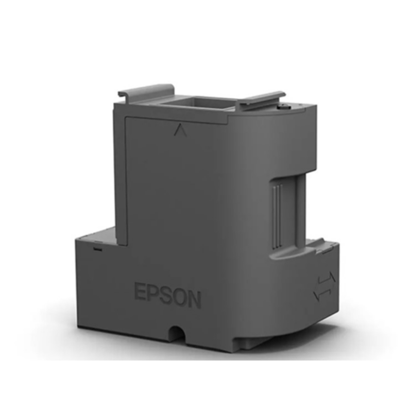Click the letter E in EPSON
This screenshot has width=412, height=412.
tap(140, 291)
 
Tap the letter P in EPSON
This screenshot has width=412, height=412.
tap(153, 293)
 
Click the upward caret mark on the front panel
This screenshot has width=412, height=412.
tap(180, 130)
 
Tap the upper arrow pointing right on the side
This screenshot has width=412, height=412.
tap(327, 280)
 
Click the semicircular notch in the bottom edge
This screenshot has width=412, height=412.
tap(177, 333)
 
